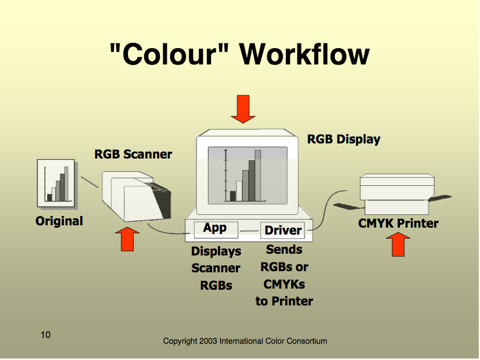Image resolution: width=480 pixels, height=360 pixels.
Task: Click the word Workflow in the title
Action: [x=305, y=54]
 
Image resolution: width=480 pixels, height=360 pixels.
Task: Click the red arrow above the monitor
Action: [x=243, y=109]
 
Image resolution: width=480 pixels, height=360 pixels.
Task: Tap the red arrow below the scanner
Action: [x=127, y=239]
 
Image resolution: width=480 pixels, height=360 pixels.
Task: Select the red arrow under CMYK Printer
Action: [x=398, y=244]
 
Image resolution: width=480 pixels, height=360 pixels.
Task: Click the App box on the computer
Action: [x=216, y=229]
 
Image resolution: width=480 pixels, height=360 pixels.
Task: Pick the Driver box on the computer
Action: [x=282, y=231]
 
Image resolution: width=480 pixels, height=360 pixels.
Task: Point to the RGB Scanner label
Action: [x=133, y=154]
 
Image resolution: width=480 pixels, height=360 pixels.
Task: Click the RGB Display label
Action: [x=344, y=139]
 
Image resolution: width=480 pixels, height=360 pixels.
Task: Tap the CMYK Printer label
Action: [x=398, y=224]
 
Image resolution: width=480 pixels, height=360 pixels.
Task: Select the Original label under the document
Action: [x=59, y=221]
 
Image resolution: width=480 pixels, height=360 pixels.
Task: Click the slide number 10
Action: [x=45, y=334]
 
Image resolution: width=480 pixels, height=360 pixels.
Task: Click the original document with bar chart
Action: [x=56, y=183]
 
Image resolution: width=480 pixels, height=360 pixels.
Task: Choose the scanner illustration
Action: [x=137, y=196]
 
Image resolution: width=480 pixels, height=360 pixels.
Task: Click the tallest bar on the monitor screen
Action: [x=258, y=175]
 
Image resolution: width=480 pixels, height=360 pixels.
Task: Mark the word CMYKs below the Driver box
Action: [x=284, y=285]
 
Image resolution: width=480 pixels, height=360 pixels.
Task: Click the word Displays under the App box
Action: [x=216, y=251]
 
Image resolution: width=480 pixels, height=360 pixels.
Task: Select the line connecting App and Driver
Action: [x=249, y=231]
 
